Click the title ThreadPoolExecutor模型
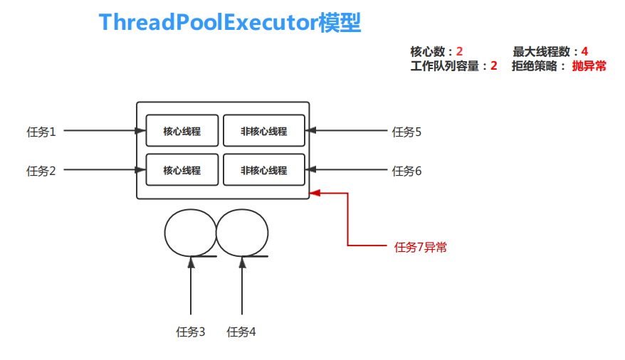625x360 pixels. (x=230, y=23)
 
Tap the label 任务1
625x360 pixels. (x=41, y=132)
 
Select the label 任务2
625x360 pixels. (x=41, y=171)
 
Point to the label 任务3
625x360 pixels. (x=191, y=332)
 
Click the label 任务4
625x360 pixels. (x=241, y=332)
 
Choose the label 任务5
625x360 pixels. (x=407, y=132)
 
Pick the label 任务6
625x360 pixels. (x=407, y=171)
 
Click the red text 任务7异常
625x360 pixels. (x=421, y=248)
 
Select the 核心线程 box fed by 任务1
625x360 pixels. (x=182, y=131)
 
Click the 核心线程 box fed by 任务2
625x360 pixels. (x=182, y=170)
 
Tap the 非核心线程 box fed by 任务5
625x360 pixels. (x=264, y=131)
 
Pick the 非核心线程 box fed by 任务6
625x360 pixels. (x=264, y=170)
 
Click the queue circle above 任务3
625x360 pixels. (x=189, y=232)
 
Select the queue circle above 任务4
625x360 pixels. (x=242, y=232)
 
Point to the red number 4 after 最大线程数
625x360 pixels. (x=584, y=51)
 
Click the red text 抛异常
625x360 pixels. (x=589, y=66)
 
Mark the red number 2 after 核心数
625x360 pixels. (x=460, y=51)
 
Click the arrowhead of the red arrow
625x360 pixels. (x=315, y=191)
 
